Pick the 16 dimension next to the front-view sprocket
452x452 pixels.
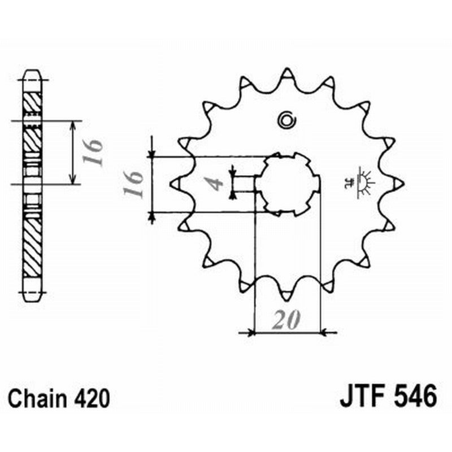(x=133, y=183)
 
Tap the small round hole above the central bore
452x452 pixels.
(x=286, y=119)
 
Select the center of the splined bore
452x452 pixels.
(x=287, y=184)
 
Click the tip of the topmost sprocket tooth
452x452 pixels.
(x=287, y=72)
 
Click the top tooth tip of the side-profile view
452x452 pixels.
(x=32, y=71)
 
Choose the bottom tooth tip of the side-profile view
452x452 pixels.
(x=32, y=295)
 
